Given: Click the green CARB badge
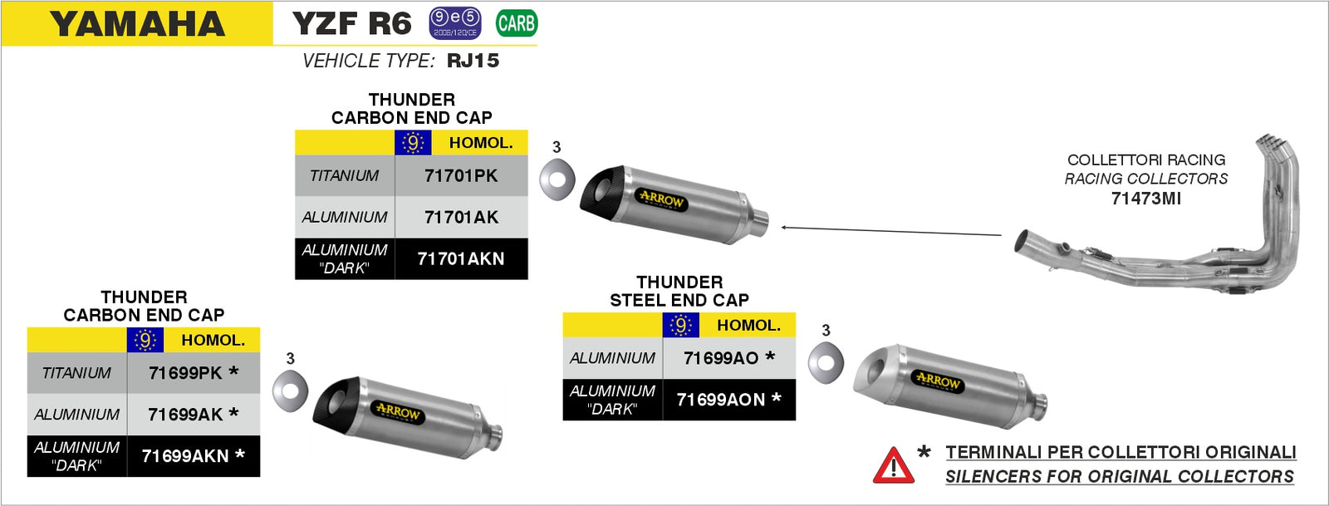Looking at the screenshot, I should pos(516,23).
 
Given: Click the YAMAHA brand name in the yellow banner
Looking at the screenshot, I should pos(138,24).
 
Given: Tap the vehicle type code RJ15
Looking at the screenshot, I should pos(473,61).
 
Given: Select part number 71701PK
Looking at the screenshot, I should pos(461,176).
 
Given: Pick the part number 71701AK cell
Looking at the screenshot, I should pos(461,218).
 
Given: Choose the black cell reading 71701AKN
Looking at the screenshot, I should pos(461,259).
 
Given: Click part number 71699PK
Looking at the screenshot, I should pos(185,373).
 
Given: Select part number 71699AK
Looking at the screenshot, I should pos(185,415).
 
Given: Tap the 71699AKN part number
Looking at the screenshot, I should pos(185,456).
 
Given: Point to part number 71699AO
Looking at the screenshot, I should pos(721,358).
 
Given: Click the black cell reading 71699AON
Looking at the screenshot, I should pos(721,400).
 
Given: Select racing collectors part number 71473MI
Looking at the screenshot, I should pos(1145,199).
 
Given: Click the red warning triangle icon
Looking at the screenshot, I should pos(894,466).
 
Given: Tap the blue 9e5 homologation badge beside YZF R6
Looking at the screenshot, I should pos(454,22).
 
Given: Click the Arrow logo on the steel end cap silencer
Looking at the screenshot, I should pos(938,381).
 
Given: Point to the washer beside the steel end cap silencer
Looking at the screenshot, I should pos(826,361).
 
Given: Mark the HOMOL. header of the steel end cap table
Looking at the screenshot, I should pos(748,326).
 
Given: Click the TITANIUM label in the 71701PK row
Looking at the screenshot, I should pos(344,176).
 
